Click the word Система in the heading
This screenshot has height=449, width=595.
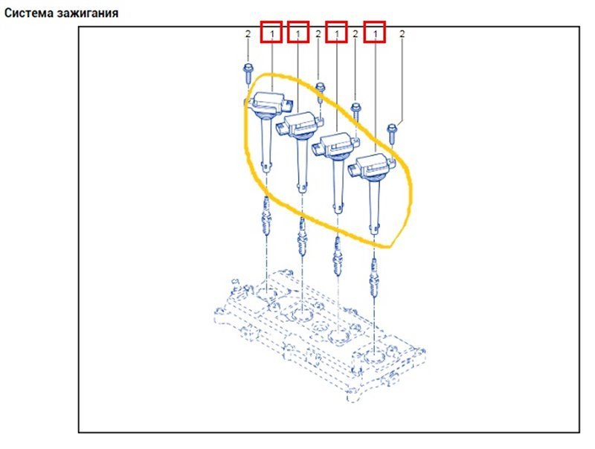tap(29, 13)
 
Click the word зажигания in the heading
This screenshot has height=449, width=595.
tap(88, 13)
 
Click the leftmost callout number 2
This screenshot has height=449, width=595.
tap(248, 33)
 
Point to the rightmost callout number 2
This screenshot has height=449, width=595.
tap(402, 33)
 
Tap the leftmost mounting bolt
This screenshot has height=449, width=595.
tap(248, 74)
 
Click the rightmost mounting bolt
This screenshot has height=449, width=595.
tap(393, 135)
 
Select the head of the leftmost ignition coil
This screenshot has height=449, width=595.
tap(268, 103)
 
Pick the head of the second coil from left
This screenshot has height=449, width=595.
tap(300, 125)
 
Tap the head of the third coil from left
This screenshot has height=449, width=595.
tap(336, 146)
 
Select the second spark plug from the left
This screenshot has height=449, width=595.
tap(302, 237)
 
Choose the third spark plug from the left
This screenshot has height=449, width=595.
tap(338, 257)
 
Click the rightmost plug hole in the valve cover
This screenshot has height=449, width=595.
tap(374, 357)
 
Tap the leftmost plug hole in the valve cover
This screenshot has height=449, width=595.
tap(266, 293)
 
